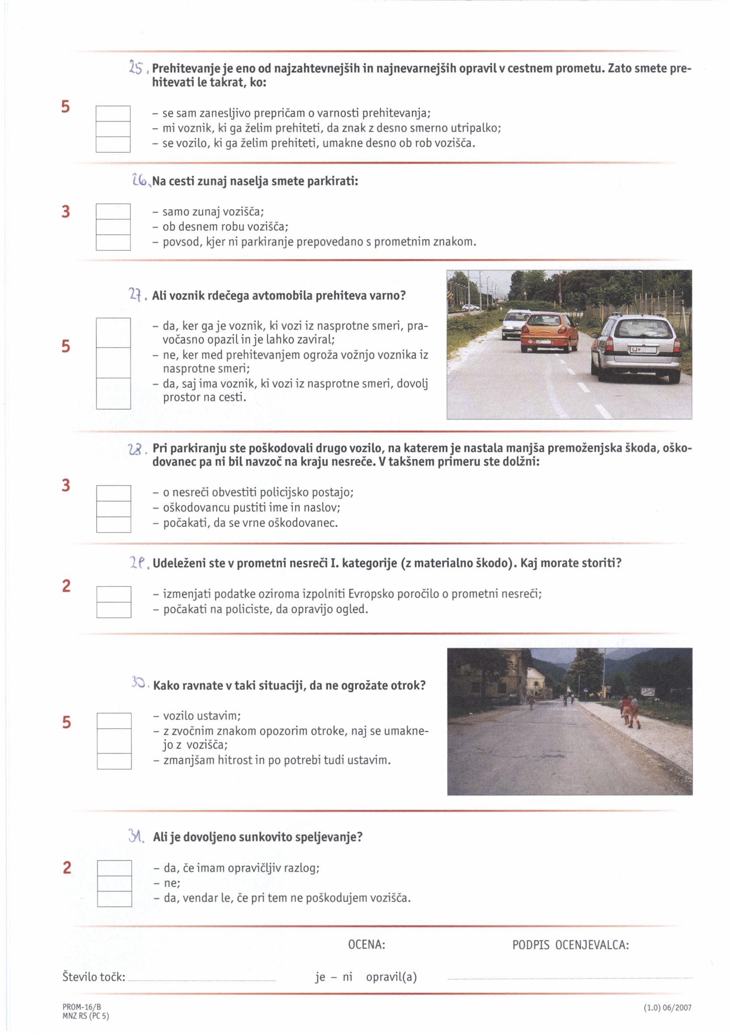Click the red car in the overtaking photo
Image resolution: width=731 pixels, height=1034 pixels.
(549, 333)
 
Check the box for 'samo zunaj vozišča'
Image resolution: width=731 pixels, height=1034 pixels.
(113, 211)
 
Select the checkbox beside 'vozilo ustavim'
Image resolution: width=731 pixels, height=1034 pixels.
(114, 720)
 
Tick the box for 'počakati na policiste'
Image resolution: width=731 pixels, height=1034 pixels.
(114, 610)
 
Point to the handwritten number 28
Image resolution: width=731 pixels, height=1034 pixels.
(135, 449)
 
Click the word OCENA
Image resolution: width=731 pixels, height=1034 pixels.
(367, 944)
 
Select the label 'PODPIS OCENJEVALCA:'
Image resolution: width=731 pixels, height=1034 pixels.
(570, 945)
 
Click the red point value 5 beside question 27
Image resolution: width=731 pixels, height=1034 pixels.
(66, 346)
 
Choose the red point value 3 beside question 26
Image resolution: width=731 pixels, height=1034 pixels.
(66, 211)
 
